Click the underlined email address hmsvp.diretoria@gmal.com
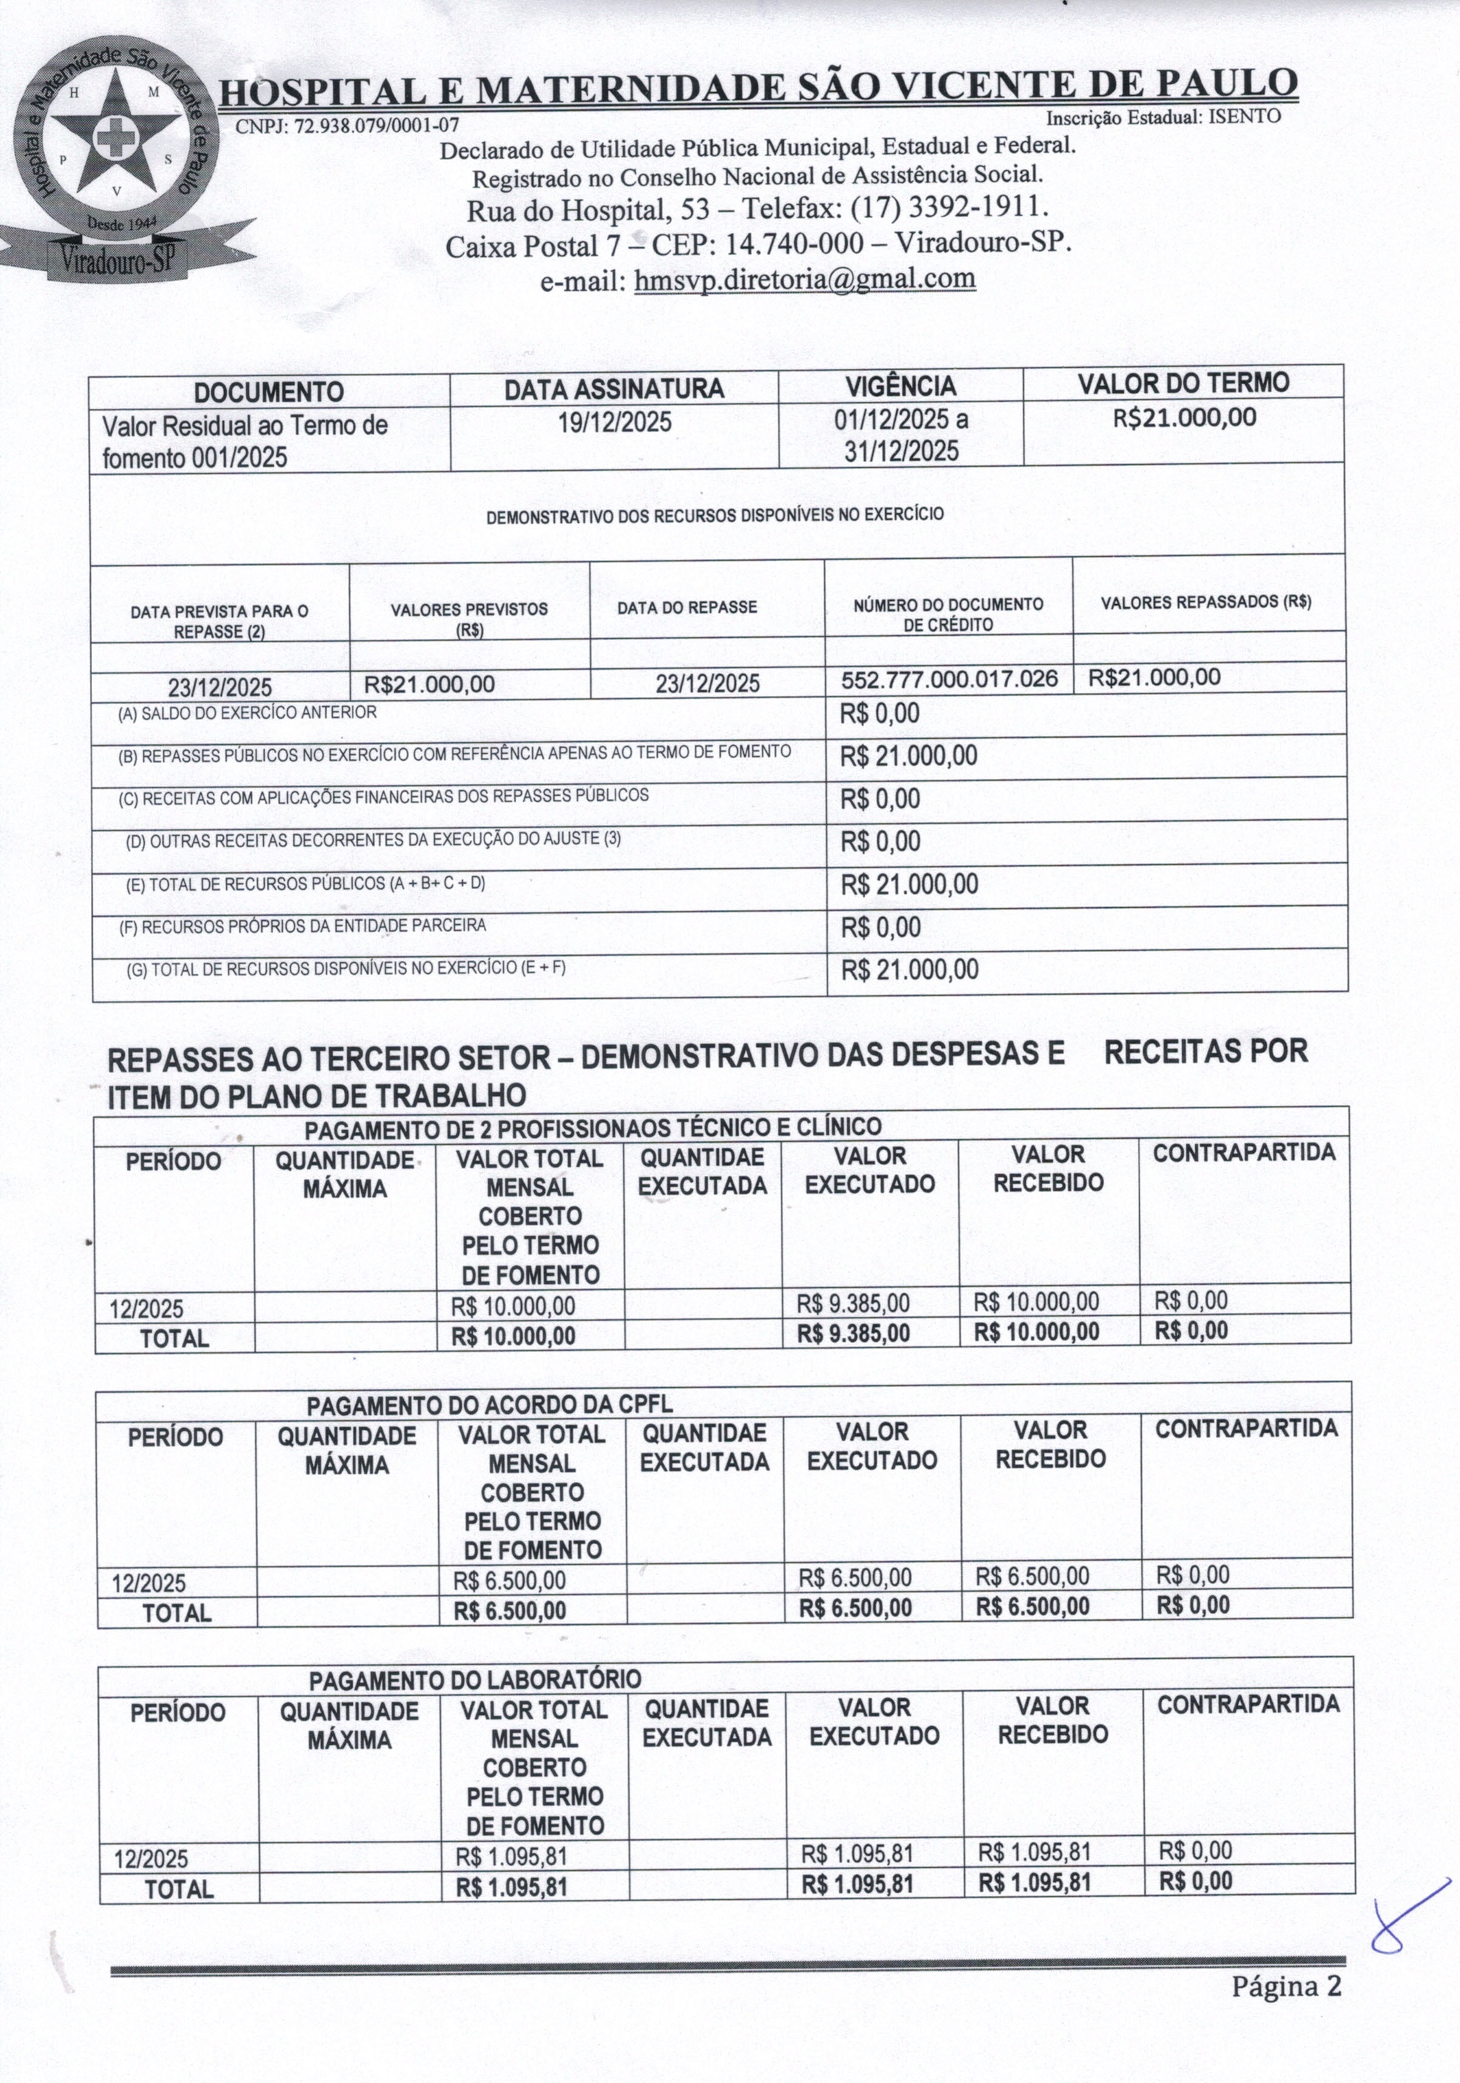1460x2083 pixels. coord(805,279)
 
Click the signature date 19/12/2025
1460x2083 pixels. coord(615,423)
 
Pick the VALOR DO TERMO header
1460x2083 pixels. coord(1182,383)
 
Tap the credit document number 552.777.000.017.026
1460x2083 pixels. coord(949,679)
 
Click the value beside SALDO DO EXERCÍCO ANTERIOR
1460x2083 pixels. coord(879,714)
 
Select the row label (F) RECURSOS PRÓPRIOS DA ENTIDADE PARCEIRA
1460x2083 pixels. coord(303,926)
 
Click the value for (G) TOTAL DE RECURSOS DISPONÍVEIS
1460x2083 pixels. coord(909,970)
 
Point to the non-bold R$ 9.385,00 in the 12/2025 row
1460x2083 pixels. coord(852,1304)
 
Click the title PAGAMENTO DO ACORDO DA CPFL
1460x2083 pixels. coord(489,1405)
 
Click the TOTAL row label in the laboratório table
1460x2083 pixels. coord(179,1890)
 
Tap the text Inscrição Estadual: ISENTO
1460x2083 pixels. coord(1162,117)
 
